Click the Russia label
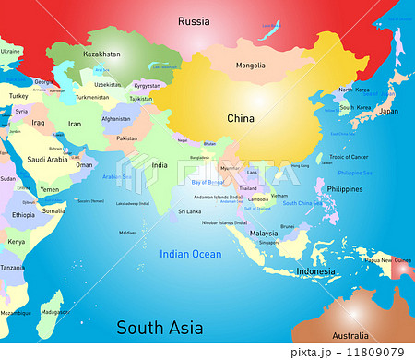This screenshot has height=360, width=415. [194, 20]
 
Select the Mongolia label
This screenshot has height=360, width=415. [251, 66]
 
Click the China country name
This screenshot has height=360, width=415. [242, 118]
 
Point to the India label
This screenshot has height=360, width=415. [160, 166]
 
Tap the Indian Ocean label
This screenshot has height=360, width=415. [190, 254]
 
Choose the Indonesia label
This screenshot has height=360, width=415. [315, 271]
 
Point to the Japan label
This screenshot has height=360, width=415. [389, 111]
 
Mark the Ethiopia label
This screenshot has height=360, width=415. [23, 214]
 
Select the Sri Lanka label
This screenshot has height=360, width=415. [163, 211]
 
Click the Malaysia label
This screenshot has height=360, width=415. [263, 234]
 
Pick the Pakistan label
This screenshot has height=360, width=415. [127, 138]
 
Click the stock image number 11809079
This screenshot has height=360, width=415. [373, 352]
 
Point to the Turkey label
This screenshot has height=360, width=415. [18, 95]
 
